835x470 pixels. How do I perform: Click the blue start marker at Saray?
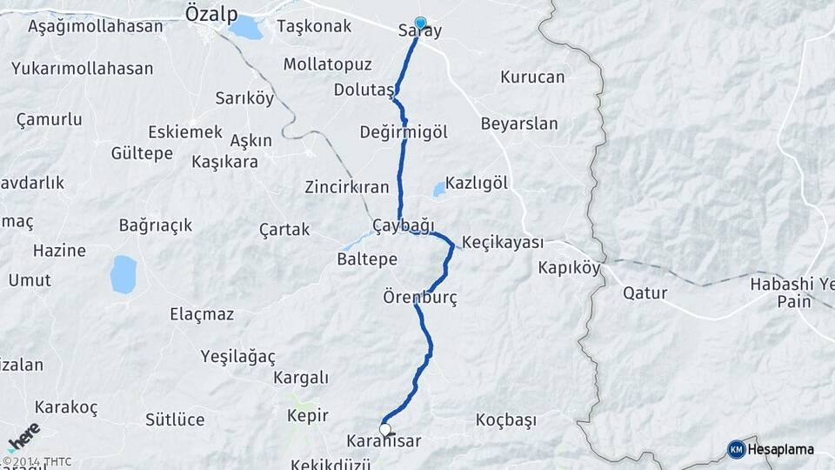pos(421,23)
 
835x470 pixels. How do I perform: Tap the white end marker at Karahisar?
pos(384,428)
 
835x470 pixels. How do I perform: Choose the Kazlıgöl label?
pos(476,184)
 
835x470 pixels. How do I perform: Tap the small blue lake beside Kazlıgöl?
pos(438,189)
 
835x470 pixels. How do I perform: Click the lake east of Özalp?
pos(245,28)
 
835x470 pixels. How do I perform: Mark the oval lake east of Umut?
pos(124,273)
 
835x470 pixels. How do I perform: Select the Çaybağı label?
pos(403,225)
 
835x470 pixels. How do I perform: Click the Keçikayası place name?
pos(503,242)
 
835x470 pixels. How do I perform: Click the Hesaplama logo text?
pos(781,449)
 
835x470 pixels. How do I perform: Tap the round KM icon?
pos(736,449)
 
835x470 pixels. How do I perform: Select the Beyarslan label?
pos(519,124)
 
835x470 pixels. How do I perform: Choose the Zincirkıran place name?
pos(346,187)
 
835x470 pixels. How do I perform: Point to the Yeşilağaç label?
pos(237,356)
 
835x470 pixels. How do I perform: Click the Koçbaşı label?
pos(506,420)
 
